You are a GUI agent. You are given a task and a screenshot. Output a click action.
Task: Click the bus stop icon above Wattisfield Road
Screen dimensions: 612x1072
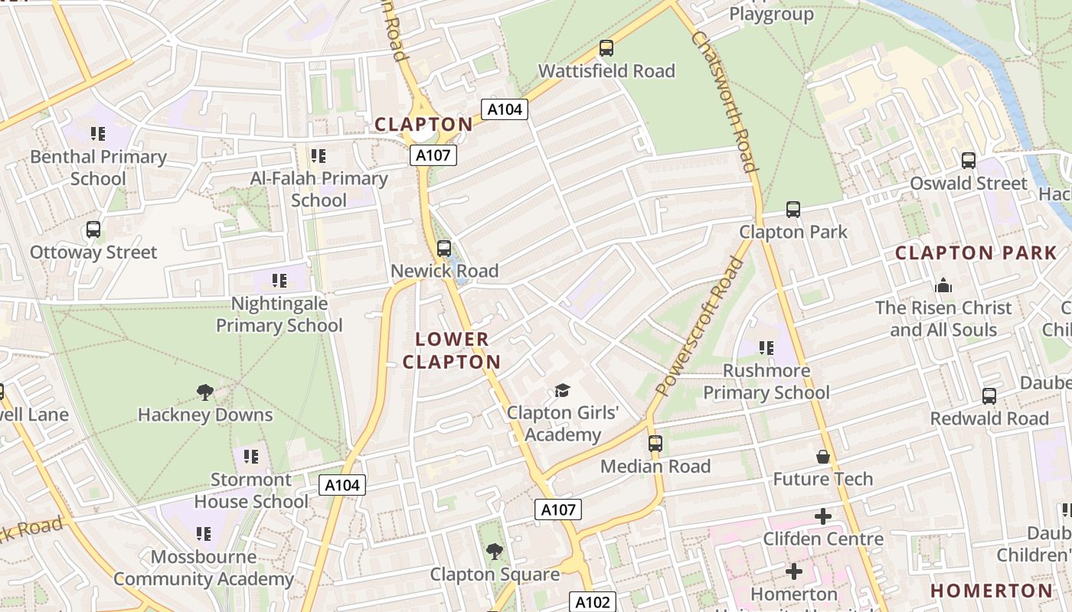click(x=606, y=48)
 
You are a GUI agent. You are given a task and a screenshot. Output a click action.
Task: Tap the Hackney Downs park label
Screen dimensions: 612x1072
click(x=205, y=415)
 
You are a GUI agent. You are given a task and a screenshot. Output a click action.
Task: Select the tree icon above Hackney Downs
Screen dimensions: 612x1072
click(x=204, y=392)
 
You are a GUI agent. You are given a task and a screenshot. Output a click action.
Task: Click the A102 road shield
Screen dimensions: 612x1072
click(x=593, y=602)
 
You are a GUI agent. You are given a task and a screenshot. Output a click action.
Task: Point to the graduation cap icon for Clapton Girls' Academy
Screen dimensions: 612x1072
click(x=563, y=391)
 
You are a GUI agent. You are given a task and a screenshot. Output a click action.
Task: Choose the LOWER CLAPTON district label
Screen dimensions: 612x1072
click(x=452, y=350)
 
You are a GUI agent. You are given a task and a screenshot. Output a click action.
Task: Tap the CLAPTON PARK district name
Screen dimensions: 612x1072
click(x=976, y=253)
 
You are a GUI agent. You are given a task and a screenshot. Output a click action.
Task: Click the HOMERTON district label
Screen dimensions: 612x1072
click(x=992, y=591)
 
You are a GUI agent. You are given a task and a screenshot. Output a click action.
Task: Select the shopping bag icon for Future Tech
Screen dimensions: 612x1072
click(x=823, y=457)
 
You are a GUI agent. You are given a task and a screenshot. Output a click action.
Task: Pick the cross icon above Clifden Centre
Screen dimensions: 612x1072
click(x=823, y=516)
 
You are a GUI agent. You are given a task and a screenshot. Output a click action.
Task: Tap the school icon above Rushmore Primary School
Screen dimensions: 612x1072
click(x=766, y=348)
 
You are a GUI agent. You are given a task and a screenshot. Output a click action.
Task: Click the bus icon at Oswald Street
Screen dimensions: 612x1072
click(x=969, y=161)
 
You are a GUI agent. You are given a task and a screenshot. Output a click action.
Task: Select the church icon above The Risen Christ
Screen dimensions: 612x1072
click(x=943, y=285)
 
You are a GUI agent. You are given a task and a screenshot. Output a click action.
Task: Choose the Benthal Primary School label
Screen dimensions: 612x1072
click(x=98, y=168)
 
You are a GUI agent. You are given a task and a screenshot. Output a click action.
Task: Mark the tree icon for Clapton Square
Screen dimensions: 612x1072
click(x=495, y=551)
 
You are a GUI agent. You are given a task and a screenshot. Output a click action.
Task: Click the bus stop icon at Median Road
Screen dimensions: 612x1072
click(x=655, y=444)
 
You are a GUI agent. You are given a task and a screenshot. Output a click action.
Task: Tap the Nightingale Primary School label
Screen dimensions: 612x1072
click(x=279, y=314)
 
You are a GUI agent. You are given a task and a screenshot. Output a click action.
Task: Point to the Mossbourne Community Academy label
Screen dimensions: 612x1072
click(x=203, y=568)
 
